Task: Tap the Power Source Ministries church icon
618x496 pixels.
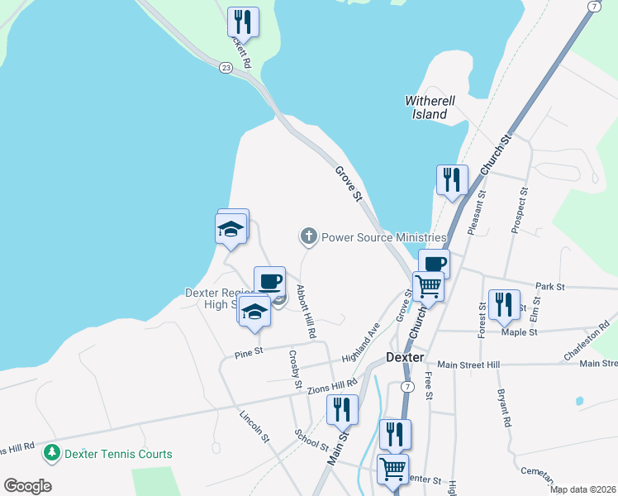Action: [309, 237]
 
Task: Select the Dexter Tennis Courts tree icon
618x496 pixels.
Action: [52, 453]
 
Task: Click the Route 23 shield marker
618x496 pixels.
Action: [226, 68]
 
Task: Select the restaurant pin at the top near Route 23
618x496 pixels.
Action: [243, 21]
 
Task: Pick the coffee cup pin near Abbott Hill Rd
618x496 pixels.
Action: [269, 281]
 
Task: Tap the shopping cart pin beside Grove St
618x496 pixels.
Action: [429, 286]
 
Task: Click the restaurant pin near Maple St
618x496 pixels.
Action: [503, 303]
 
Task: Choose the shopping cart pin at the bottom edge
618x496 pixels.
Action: [392, 468]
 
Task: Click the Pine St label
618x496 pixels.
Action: [242, 353]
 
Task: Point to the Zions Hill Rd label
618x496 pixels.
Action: [331, 384]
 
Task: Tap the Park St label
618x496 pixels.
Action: [549, 287]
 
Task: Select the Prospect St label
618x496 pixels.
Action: [519, 210]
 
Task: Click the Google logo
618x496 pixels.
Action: [27, 486]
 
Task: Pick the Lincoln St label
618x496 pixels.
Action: [254, 427]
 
